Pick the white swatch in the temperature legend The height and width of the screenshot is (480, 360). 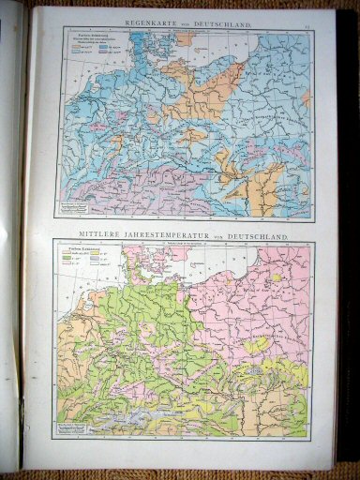pos(94,262)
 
